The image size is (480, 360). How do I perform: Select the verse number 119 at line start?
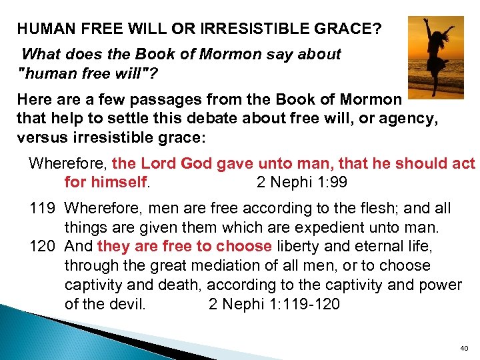point(41,209)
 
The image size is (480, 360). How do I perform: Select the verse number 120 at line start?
point(41,247)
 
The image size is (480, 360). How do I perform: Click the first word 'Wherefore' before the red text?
point(69,163)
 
